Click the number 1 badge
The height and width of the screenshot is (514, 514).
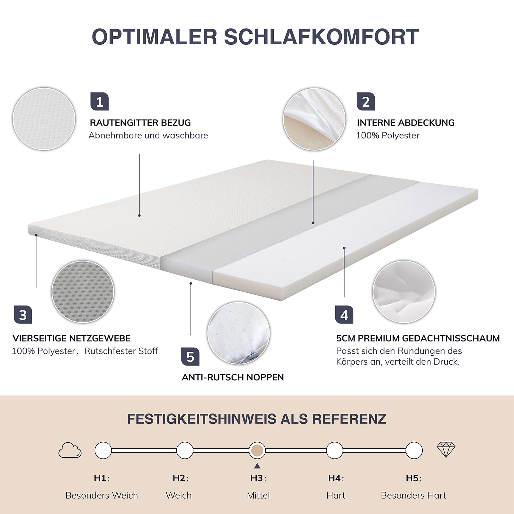(100, 102)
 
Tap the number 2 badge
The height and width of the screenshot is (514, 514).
(366, 102)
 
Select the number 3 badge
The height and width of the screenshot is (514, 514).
(23, 315)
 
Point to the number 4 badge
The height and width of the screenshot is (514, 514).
(344, 315)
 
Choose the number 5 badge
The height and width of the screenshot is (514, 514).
(190, 357)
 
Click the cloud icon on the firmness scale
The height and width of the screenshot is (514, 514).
(70, 450)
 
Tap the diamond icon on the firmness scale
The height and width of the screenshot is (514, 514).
(446, 450)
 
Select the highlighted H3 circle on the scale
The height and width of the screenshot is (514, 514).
(257, 450)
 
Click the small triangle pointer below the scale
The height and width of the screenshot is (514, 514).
(257, 466)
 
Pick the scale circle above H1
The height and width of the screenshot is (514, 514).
(103, 450)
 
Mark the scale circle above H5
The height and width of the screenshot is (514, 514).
(414, 450)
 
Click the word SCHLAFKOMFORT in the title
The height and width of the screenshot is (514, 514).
(321, 37)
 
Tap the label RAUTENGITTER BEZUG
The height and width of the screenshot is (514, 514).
(140, 123)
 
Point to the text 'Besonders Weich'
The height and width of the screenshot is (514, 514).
(102, 495)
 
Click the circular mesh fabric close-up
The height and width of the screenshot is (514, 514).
(83, 292)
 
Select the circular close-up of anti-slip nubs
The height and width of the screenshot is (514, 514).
(239, 333)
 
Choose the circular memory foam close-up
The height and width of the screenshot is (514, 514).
(404, 292)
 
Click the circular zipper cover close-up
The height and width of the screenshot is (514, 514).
(314, 119)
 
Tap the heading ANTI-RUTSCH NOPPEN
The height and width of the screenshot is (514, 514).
(233, 377)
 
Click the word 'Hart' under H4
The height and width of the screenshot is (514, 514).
(336, 495)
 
